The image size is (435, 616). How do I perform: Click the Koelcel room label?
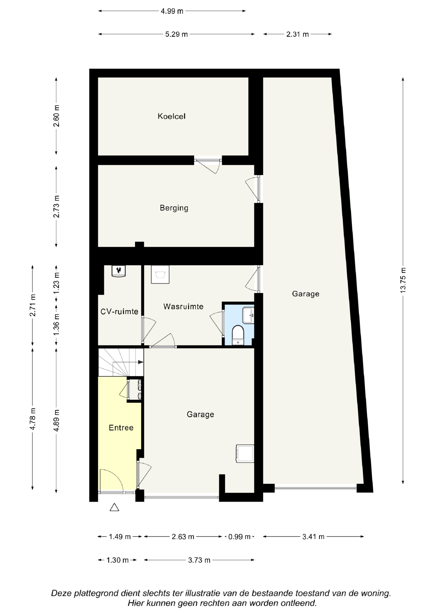point(172,116)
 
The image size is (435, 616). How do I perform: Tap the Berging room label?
point(174,208)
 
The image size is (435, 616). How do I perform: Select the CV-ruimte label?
point(119,312)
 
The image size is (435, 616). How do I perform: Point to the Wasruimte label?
point(183,306)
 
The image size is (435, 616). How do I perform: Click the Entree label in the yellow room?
point(121,428)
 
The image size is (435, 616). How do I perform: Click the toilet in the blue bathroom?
point(238,335)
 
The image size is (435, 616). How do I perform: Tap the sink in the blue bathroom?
point(248,316)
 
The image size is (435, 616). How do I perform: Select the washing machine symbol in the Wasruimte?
point(160,274)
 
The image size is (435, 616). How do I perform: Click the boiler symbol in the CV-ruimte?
point(119,271)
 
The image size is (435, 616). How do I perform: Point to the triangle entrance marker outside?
point(114,507)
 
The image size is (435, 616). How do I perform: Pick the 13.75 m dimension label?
point(403,280)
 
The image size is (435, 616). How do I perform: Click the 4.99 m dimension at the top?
point(172,11)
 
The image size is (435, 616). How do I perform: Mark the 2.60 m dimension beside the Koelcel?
point(56,116)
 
